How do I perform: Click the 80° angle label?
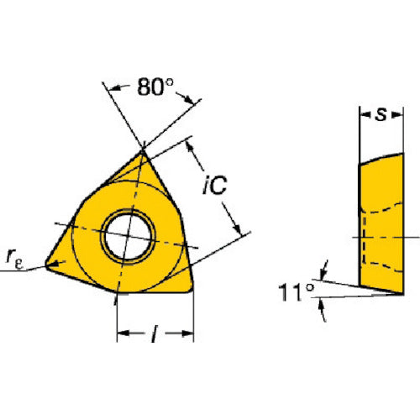pyautogui.click(x=155, y=87)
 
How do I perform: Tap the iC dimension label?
pyautogui.click(x=214, y=185)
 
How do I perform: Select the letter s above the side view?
pyautogui.click(x=381, y=114)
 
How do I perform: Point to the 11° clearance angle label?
pyautogui.click(x=297, y=291)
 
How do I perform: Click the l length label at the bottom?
pyautogui.click(x=155, y=333)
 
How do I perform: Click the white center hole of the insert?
pyautogui.click(x=128, y=237)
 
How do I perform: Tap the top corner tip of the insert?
pyautogui.click(x=142, y=150)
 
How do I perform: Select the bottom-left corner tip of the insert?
pyautogui.click(x=46, y=265)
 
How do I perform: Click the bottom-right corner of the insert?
pyautogui.click(x=192, y=290)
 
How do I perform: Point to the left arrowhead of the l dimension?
pyautogui.click(x=123, y=333)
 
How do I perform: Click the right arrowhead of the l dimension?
pyautogui.click(x=187, y=333)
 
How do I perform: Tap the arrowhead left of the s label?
pyautogui.click(x=364, y=114)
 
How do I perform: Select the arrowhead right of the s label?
pyautogui.click(x=398, y=114)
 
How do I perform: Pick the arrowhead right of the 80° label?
pyautogui.click(x=188, y=99)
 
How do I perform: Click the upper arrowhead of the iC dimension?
pyautogui.click(x=190, y=146)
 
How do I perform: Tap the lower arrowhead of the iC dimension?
pyautogui.click(x=237, y=228)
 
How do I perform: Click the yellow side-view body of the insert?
pyautogui.click(x=381, y=224)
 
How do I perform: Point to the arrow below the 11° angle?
pyautogui.click(x=323, y=310)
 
